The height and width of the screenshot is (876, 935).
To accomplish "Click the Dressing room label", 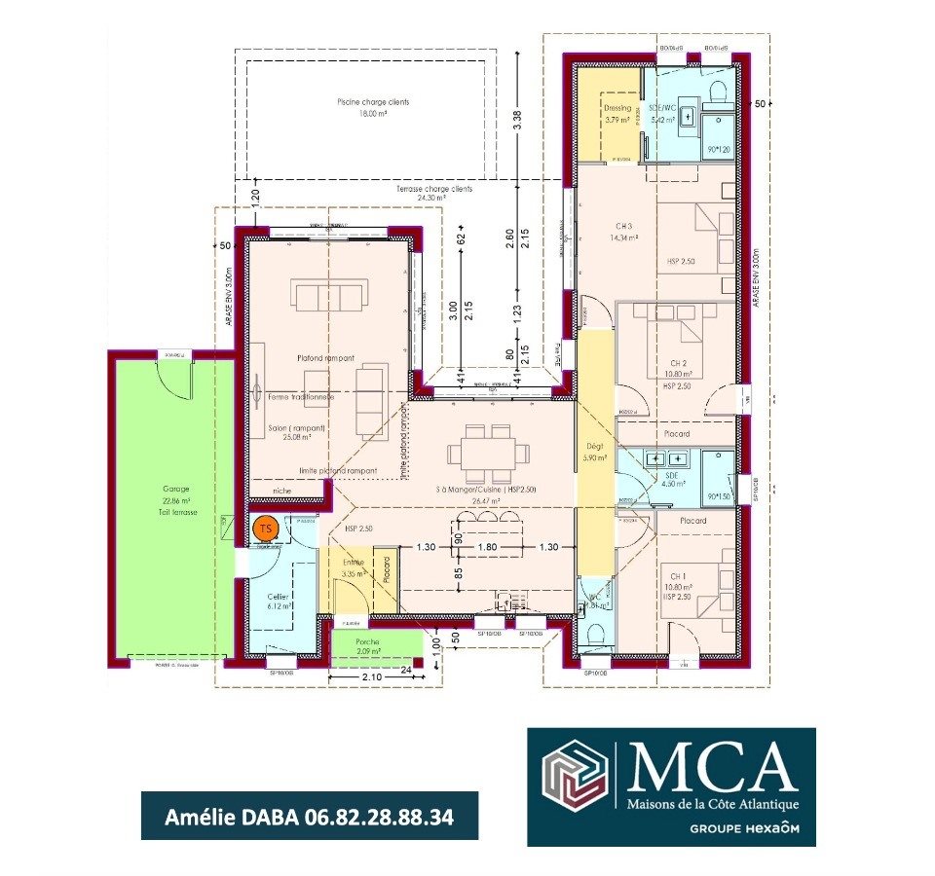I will pos(617,108).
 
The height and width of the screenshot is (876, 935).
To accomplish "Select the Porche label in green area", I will pos(368,643).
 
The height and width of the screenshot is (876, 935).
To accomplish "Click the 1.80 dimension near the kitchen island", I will pos(488,547).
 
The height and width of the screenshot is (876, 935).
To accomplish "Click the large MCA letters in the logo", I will pos(710,768).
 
